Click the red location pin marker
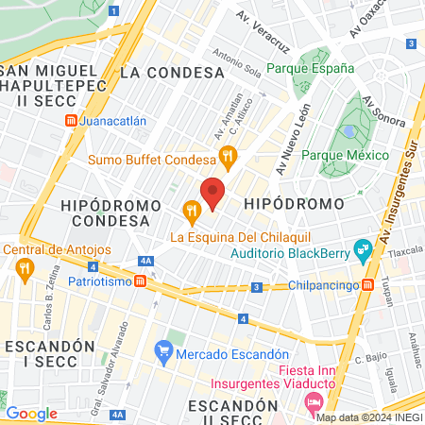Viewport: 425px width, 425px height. [213, 192]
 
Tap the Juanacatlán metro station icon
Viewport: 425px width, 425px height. [72, 122]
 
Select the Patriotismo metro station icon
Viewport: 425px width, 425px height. [140, 281]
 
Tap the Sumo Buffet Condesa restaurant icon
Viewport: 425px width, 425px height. [227, 157]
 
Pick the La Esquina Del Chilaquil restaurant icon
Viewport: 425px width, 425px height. [191, 210]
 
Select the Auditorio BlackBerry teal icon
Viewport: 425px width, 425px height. [362, 250]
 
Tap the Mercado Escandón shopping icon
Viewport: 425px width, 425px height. [163, 354]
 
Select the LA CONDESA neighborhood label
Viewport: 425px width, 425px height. [157, 71]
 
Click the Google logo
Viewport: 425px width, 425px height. [32, 413]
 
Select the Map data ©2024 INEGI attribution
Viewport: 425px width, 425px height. [368, 417]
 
